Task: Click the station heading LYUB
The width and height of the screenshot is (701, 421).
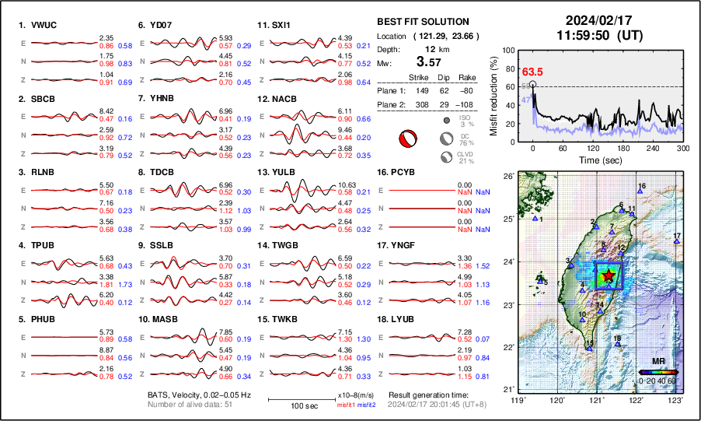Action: tap(407, 319)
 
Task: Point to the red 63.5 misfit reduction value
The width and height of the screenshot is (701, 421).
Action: tap(532, 72)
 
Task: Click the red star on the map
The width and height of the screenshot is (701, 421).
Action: tap(608, 275)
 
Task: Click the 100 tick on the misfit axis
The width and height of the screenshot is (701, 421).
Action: tap(509, 50)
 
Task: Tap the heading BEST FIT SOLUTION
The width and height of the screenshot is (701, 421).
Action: tap(422, 22)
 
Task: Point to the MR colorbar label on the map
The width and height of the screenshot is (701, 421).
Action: tap(657, 361)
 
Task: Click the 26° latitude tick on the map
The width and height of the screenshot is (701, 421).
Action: tap(507, 177)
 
